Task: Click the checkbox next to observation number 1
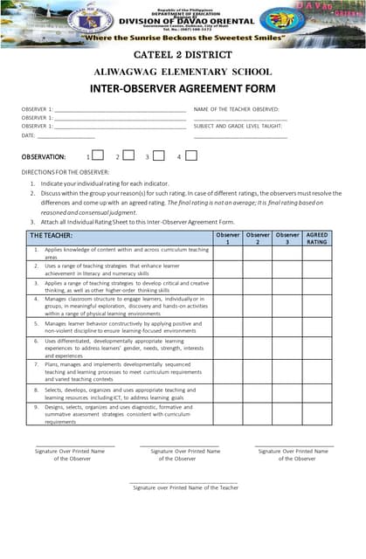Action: pyautogui.click(x=99, y=156)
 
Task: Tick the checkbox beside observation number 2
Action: pyautogui.click(x=128, y=156)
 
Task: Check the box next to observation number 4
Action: pyautogui.click(x=191, y=156)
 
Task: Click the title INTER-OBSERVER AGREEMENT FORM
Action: pyautogui.click(x=183, y=88)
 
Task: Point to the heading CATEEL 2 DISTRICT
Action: pyautogui.click(x=183, y=55)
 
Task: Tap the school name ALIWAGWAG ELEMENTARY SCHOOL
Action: pyautogui.click(x=183, y=72)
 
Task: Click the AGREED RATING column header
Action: pyautogui.click(x=317, y=238)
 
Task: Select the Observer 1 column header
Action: pyautogui.click(x=228, y=238)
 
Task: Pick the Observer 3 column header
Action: pyautogui.click(x=287, y=238)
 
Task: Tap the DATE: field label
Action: pyautogui.click(x=29, y=135)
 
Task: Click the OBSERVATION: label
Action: pyautogui.click(x=43, y=156)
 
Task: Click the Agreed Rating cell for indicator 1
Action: pyautogui.click(x=317, y=253)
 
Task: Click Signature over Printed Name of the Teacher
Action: pyautogui.click(x=185, y=488)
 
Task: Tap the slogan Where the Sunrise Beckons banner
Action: pyautogui.click(x=183, y=39)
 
